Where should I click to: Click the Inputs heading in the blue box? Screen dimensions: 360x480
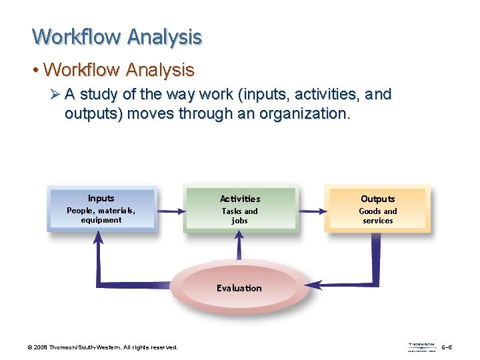[101, 198]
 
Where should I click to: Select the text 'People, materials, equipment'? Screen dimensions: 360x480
[101, 215]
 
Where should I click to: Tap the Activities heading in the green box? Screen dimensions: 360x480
[240, 199]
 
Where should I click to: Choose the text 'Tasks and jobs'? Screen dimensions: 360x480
[240, 216]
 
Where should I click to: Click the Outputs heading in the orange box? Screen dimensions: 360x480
[378, 199]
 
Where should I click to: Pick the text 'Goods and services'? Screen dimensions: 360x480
[378, 216]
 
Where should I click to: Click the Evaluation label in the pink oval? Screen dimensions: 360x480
[239, 288]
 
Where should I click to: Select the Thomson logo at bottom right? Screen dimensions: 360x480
[421, 347]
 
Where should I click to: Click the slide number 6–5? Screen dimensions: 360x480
[448, 347]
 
